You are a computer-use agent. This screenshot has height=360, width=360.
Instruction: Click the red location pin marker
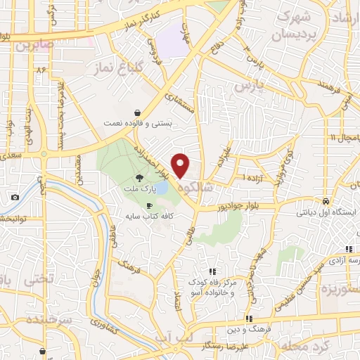click(x=181, y=165)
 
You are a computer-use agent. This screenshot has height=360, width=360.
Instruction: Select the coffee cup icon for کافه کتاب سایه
click(x=149, y=205)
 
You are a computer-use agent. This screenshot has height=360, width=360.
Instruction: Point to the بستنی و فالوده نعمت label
click(x=138, y=123)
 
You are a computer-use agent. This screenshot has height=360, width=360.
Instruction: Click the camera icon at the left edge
click(x=15, y=198)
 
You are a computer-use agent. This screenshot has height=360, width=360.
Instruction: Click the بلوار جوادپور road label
click(x=226, y=207)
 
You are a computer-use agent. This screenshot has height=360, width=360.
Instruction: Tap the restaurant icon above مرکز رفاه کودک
click(x=212, y=271)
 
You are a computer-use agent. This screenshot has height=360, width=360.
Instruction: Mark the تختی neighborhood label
click(x=39, y=279)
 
